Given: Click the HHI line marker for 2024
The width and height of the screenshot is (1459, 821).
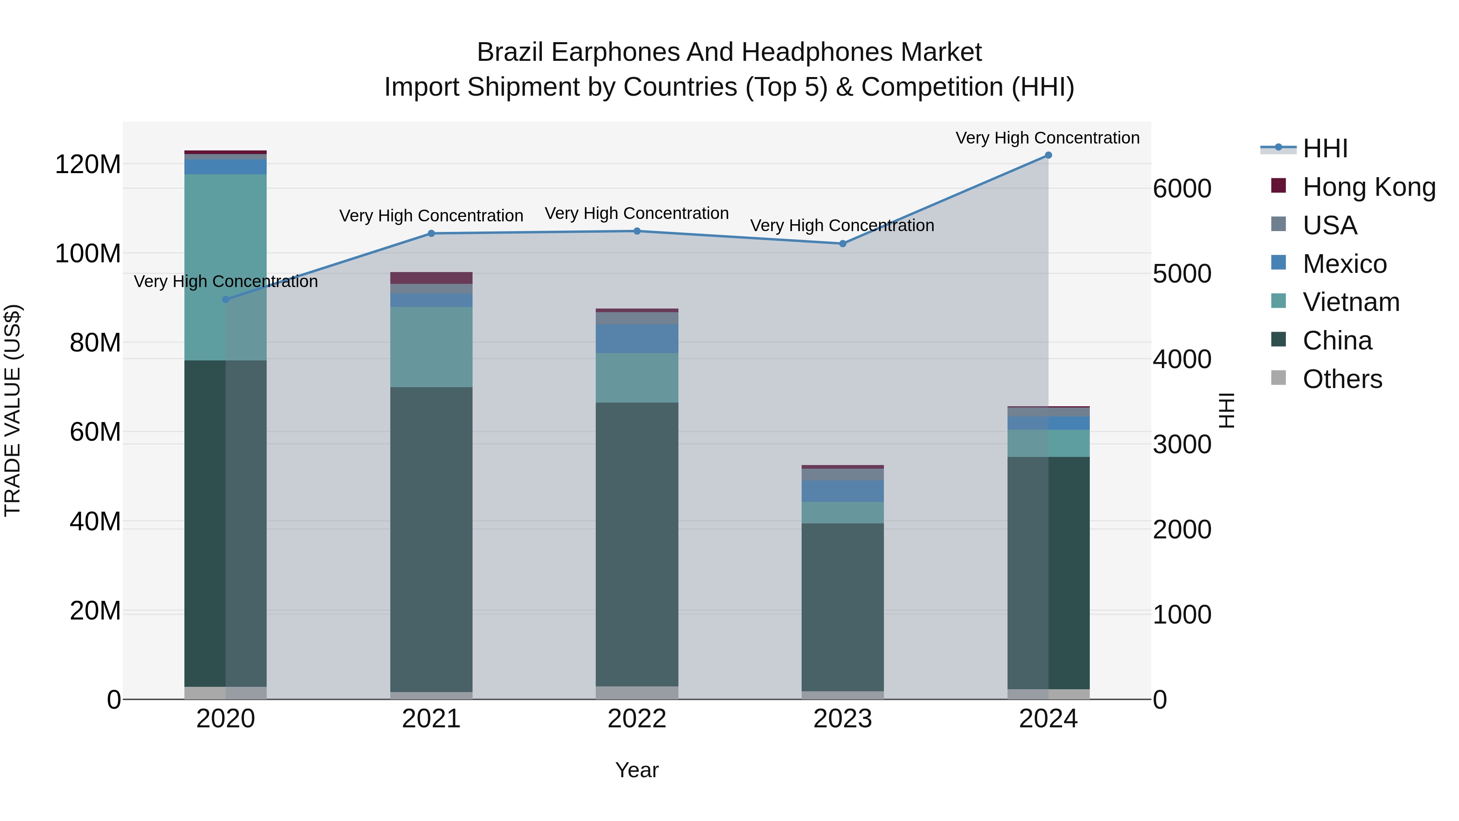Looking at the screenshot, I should coord(1048,155).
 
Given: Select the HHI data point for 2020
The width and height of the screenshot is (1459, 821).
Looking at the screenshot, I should coord(225,299).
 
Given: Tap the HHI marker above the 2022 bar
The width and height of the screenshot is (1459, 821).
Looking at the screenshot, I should coord(637,231).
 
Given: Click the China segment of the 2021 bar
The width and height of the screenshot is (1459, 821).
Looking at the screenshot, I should coord(431,538).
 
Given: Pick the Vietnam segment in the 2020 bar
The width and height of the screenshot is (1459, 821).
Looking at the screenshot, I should coord(225,266).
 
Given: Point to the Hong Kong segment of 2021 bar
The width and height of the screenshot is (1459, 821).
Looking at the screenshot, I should coord(431,278).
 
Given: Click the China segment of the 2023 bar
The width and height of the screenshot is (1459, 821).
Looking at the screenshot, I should coord(842,606).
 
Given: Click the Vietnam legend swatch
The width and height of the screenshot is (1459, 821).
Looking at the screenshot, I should coord(1278,301).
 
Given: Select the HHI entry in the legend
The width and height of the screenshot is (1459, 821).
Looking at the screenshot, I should coord(1325,148).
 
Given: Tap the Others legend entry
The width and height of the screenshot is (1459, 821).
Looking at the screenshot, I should coord(1342,379).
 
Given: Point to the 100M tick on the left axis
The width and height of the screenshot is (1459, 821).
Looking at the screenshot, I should coord(88,253).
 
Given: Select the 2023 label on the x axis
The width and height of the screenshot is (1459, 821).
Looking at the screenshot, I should coord(842,719).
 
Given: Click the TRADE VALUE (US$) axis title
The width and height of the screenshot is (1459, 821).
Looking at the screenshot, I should coord(13,410).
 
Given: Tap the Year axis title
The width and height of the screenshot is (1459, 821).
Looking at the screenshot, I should coord(637,770).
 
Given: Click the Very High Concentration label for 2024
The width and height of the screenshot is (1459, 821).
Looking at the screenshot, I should coord(1047,138).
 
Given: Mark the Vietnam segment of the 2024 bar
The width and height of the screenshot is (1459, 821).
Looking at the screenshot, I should coord(1048,443).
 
